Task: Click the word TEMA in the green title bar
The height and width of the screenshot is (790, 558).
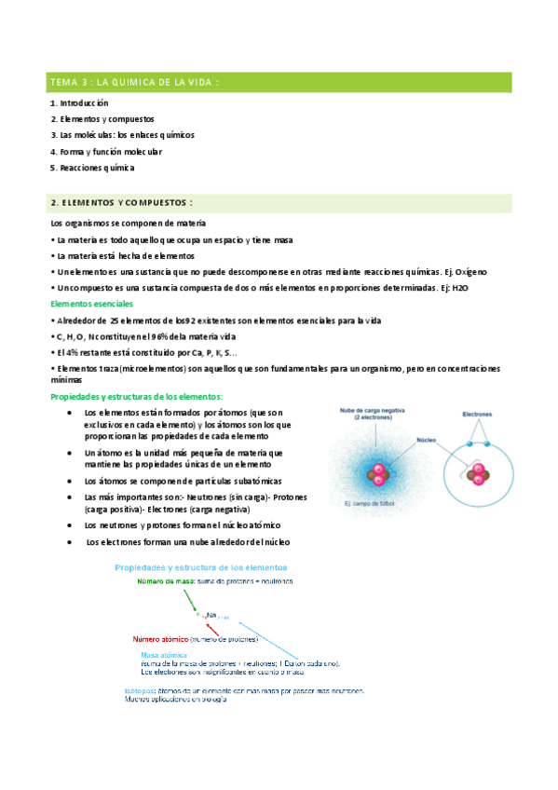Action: pos(67,82)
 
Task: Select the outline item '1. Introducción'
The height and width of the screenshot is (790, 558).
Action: pos(79,103)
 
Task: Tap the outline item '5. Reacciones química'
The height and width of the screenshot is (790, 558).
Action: pos(92,168)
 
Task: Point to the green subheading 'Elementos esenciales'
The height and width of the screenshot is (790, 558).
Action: pos(91,305)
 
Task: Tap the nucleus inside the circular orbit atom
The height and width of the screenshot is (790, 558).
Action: pos(477,477)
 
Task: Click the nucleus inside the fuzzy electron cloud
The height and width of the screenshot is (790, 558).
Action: pos(379,472)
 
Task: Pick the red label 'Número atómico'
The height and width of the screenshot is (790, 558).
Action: pos(159,640)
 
